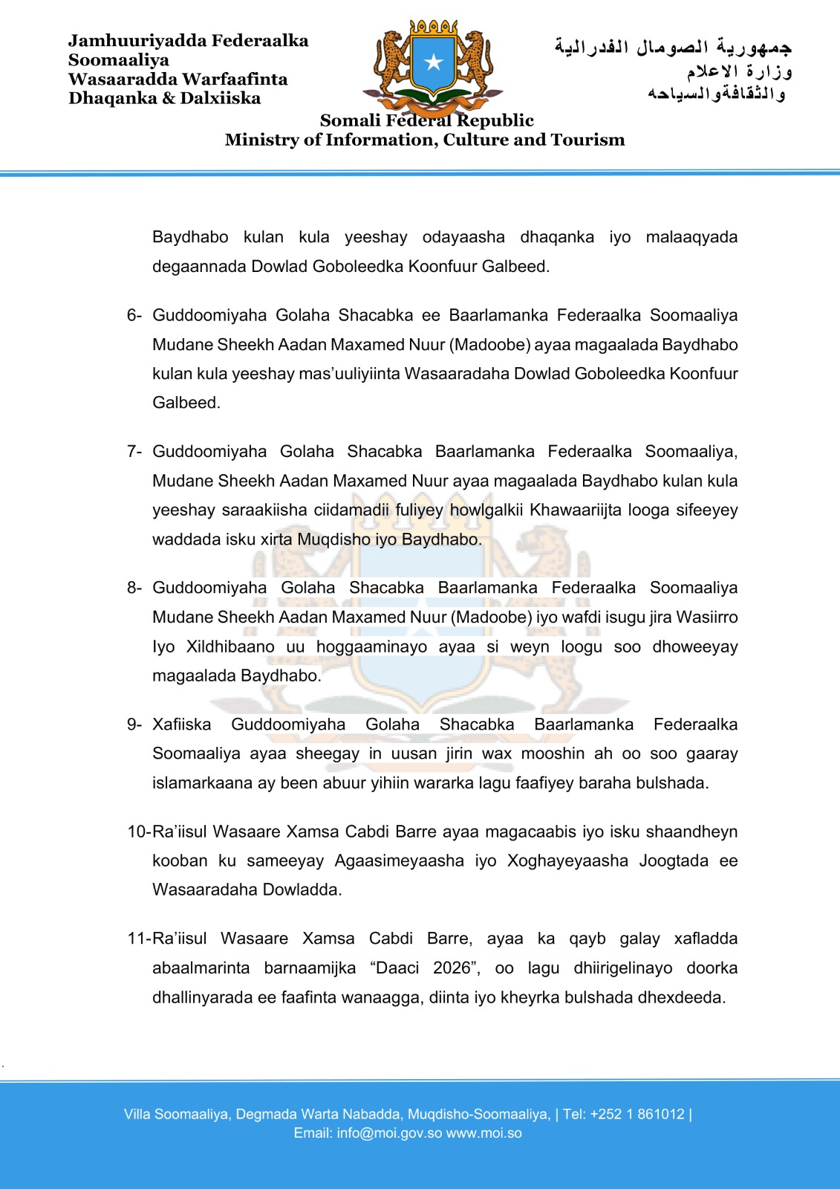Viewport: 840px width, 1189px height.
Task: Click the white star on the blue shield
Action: coord(434,62)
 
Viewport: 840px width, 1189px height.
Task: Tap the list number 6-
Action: coord(134,315)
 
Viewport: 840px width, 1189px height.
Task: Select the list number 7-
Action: coord(134,452)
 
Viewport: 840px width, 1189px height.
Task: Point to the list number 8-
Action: coord(134,588)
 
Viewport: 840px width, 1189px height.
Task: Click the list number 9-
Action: coord(134,725)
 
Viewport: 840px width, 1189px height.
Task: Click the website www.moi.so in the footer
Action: coord(484,1133)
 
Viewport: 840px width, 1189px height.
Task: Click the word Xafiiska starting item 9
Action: coord(182,725)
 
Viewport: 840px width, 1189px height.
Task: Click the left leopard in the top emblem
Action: coord(391,59)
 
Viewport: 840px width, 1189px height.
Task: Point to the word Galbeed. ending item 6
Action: coord(186,403)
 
